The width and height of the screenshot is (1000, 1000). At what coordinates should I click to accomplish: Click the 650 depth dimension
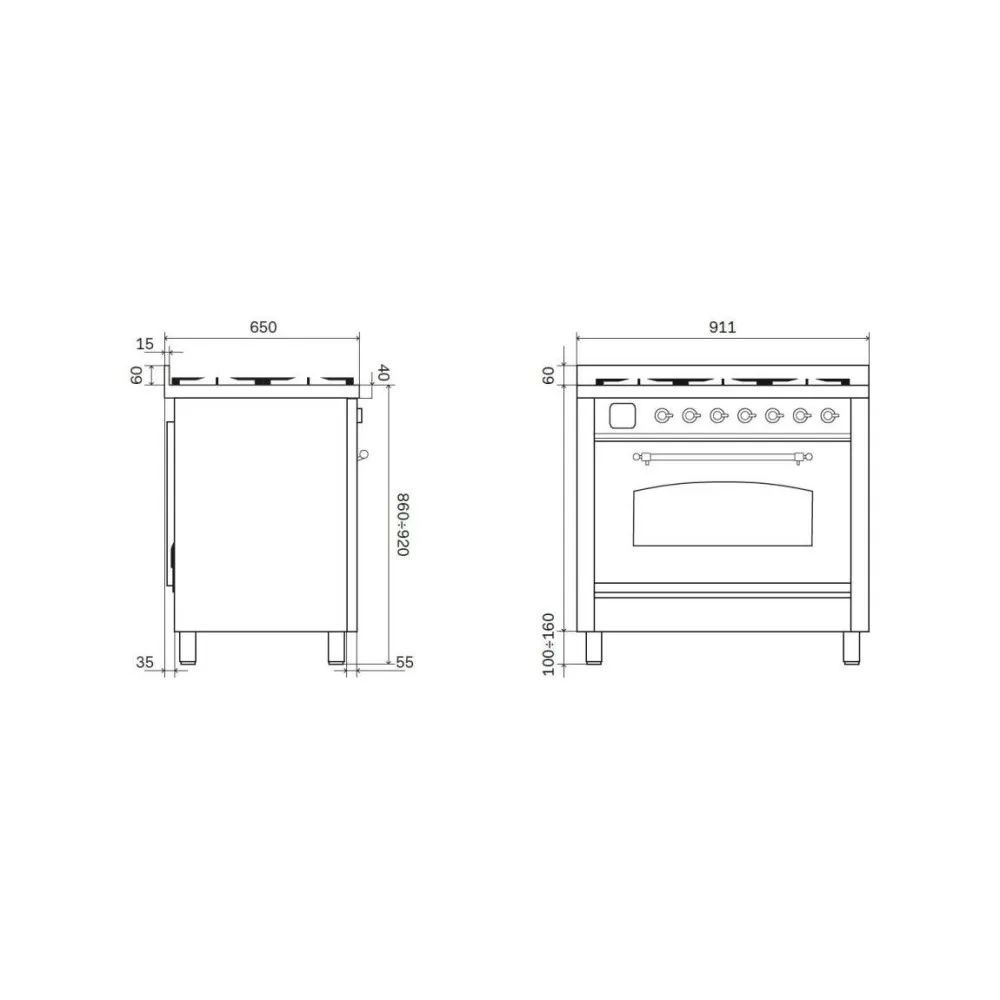[262, 327]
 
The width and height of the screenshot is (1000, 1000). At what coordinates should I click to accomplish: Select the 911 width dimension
[722, 327]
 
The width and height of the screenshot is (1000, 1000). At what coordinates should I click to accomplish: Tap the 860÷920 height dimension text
[402, 525]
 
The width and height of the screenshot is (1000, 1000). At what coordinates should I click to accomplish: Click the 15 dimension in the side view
[144, 344]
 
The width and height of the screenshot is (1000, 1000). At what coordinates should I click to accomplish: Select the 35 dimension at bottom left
[144, 661]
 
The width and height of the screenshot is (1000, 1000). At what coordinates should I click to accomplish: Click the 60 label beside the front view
[549, 375]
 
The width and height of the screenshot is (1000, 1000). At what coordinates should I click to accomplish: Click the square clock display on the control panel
[621, 414]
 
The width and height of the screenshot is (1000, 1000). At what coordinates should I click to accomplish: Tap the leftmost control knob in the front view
[663, 415]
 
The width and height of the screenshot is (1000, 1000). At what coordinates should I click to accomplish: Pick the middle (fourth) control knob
[745, 415]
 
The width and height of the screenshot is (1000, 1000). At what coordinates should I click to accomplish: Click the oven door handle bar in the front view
[722, 458]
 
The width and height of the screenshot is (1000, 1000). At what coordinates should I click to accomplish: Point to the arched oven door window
[722, 515]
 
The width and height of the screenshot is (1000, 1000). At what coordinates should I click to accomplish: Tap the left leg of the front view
[594, 648]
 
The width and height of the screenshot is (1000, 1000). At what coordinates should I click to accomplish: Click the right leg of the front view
[851, 648]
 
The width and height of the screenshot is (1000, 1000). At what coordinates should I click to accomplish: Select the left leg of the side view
[187, 648]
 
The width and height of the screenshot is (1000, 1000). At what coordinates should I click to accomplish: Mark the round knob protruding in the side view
[362, 455]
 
